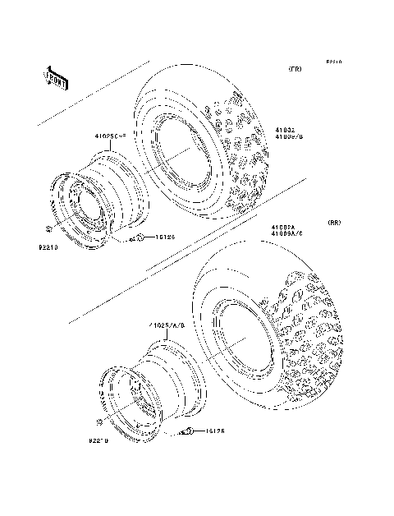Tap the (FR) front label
click(294, 70)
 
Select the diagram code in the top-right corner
click(332, 62)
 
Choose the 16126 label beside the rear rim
click(214, 431)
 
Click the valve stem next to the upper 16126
click(140, 237)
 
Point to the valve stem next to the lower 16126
click(189, 431)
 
